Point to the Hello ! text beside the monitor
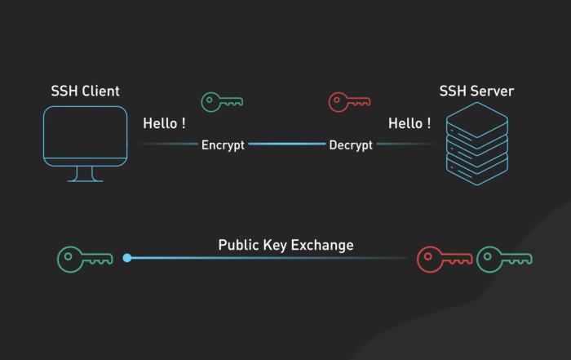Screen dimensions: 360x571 pos(164,124)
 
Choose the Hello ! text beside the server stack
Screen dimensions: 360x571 pos(409,124)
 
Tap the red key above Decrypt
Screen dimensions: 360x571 pos(349,102)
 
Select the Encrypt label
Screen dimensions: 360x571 pos(223,145)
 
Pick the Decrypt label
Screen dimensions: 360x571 pos(351,145)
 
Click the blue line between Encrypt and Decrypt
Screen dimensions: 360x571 pos(286,144)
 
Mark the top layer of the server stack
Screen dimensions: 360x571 pos(477,122)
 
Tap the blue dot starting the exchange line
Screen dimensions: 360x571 pos(126,258)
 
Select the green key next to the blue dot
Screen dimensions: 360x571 pos(84,259)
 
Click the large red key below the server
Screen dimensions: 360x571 pos(443,259)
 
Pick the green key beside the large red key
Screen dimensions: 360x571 pos(503,259)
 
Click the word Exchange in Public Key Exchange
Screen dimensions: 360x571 pos(323,245)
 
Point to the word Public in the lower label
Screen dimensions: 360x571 pos(237,245)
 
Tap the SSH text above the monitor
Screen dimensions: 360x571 pos(65,91)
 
